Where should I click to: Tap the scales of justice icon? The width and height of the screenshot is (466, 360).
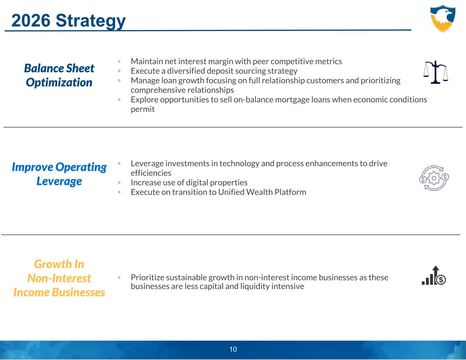point(436,72)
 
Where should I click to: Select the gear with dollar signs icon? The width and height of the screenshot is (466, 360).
point(434,178)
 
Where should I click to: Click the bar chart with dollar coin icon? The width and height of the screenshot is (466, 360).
point(434,276)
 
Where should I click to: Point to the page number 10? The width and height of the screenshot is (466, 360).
point(233,349)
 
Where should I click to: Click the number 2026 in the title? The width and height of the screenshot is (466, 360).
point(31,20)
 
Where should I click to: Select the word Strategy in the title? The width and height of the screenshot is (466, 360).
point(91,21)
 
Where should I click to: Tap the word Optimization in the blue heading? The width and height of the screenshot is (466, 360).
point(59,83)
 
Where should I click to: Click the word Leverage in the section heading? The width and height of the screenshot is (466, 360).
point(59,182)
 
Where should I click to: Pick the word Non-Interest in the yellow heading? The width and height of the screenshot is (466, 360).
point(59,278)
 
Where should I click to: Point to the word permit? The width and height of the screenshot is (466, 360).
point(143,110)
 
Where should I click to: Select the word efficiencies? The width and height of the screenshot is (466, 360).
point(151,173)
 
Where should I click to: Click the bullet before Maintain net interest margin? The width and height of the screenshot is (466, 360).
point(119,61)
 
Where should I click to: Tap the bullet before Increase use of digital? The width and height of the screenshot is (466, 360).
point(119,183)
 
